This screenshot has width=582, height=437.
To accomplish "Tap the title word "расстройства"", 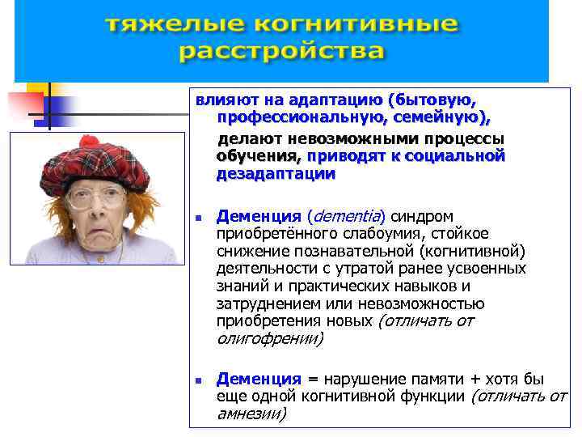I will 280,53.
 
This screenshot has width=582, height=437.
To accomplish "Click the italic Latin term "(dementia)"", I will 347,216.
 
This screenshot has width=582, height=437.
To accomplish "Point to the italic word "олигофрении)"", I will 270,339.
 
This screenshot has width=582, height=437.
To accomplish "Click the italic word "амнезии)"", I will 251,414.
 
